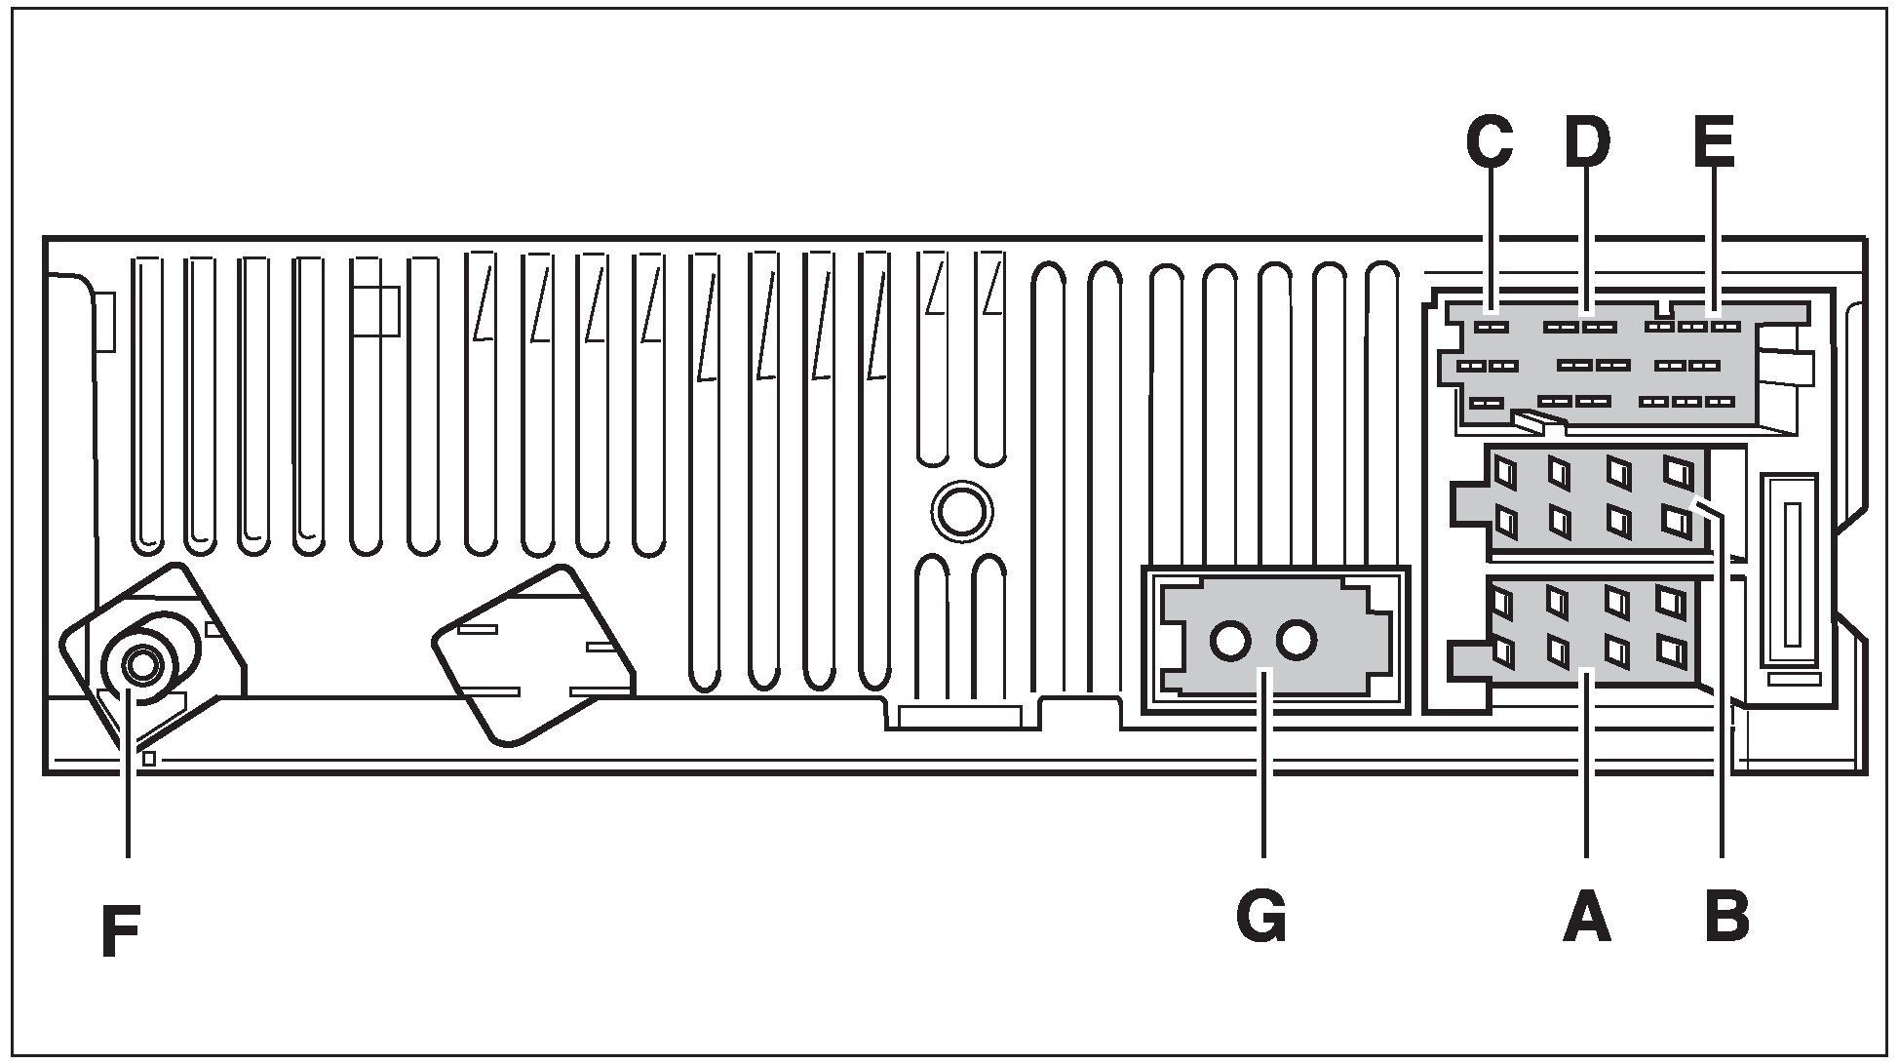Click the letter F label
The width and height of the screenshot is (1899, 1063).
pyautogui.click(x=121, y=933)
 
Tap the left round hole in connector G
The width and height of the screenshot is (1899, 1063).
pyautogui.click(x=1230, y=641)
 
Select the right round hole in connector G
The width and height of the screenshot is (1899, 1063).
pyautogui.click(x=1298, y=641)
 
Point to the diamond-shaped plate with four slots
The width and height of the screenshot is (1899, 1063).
pyautogui.click(x=533, y=656)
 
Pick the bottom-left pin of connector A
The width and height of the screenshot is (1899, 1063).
pyautogui.click(x=1504, y=650)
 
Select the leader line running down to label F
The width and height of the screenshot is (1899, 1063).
pyautogui.click(x=128, y=780)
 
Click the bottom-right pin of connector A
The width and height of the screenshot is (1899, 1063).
pyautogui.click(x=1674, y=651)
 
